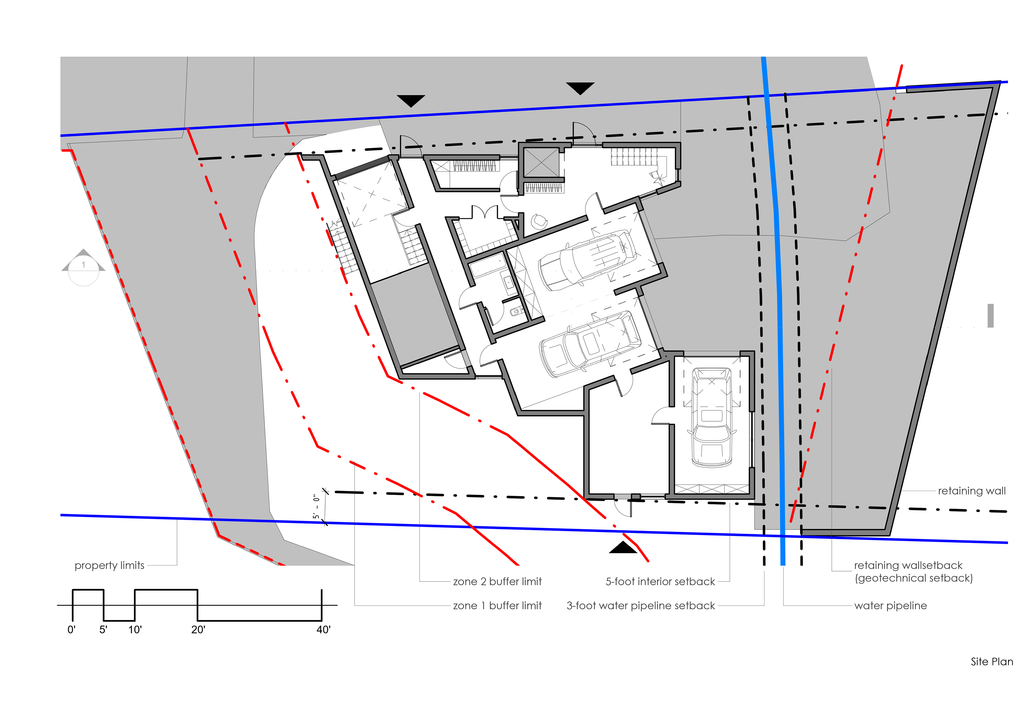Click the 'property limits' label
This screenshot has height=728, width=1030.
point(109,566)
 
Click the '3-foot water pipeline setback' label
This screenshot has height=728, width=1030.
point(641,606)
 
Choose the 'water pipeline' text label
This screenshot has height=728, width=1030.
point(891,606)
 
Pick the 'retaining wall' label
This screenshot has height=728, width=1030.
point(972,491)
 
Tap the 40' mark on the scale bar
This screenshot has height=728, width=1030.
point(323,630)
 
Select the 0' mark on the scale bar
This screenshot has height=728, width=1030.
point(71,630)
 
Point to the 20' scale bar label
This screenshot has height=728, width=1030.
point(198,630)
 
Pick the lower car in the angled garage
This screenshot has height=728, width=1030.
point(590,343)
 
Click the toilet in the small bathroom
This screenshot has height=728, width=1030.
point(516,311)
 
